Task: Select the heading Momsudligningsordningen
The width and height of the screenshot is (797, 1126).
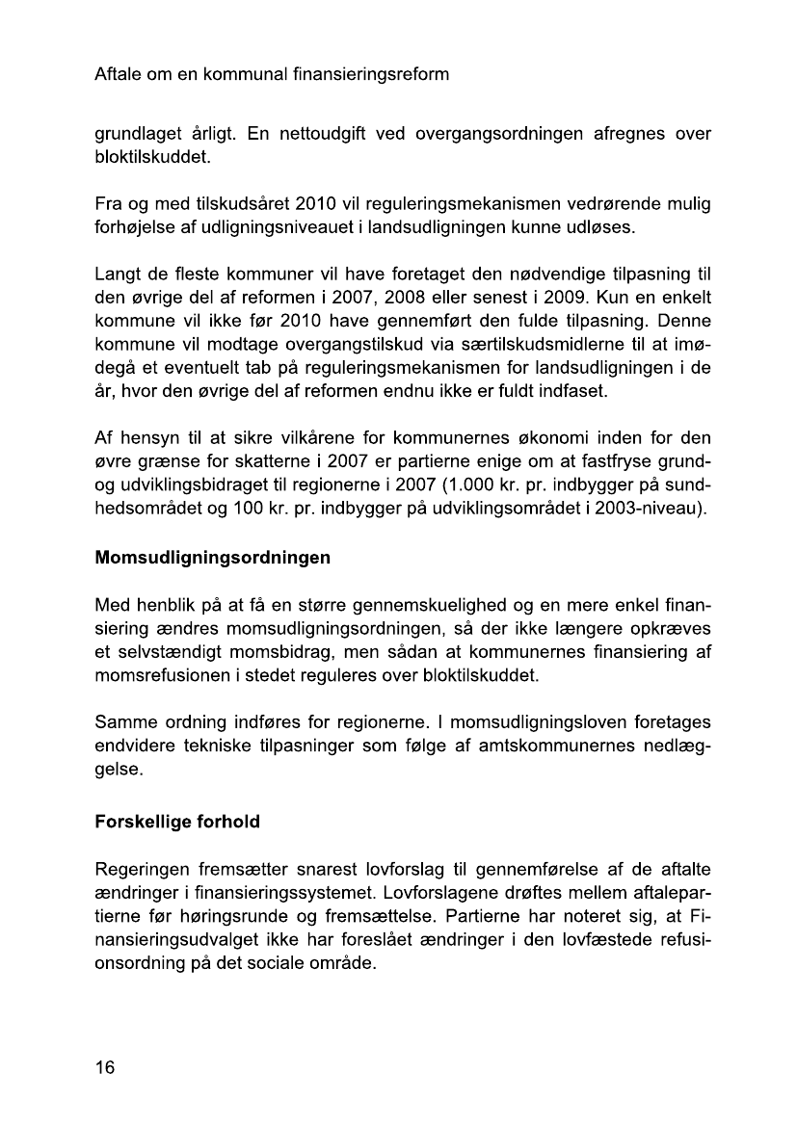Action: coord(212,558)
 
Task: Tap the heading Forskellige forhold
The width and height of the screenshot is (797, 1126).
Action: coord(177,824)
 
